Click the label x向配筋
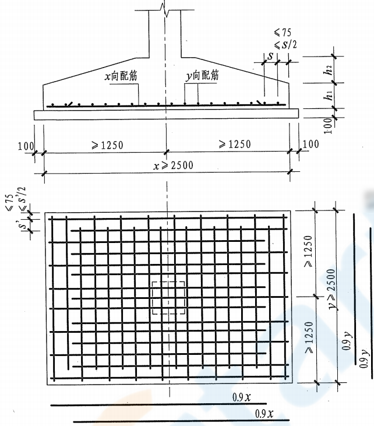121,76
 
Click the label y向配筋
202,75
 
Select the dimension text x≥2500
173,165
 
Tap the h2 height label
328,69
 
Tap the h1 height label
328,95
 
